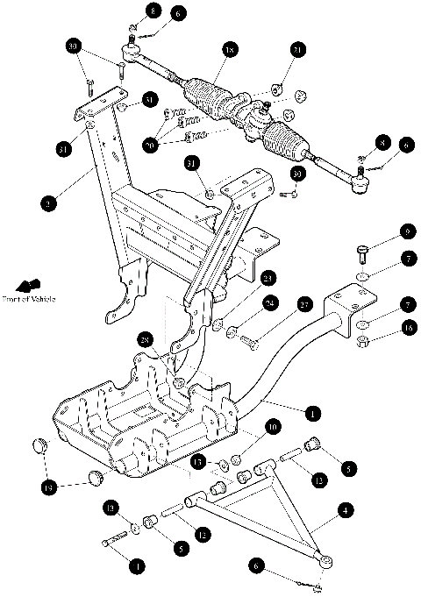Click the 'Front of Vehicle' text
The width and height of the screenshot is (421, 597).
coord(30,300)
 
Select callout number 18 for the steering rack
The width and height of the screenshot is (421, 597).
coord(231,52)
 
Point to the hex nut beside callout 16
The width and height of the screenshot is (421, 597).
coord(361,353)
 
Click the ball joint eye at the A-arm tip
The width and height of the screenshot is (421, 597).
coord(326,558)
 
